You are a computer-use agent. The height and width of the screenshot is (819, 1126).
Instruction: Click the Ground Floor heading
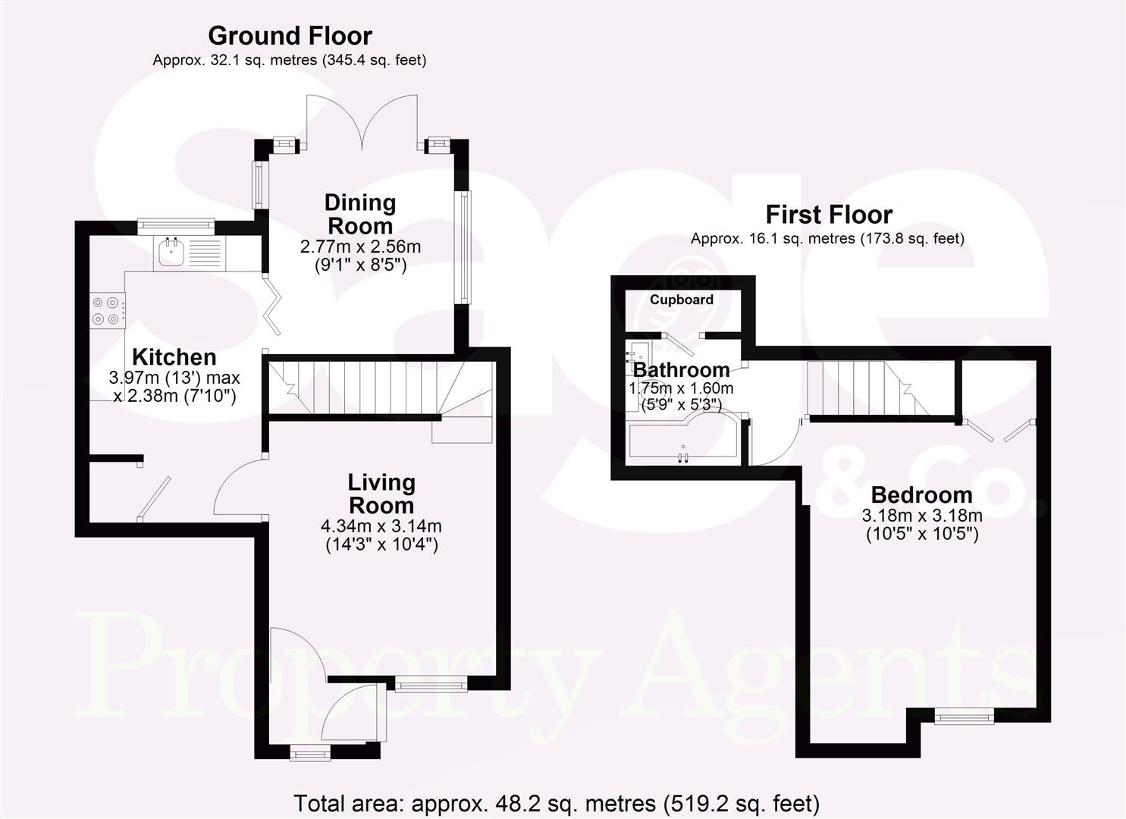click(x=290, y=36)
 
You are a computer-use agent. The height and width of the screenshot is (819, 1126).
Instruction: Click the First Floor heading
click(x=828, y=215)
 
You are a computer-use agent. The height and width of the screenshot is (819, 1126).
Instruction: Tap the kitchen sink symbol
click(x=171, y=253)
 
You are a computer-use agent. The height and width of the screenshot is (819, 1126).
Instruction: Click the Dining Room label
click(x=360, y=214)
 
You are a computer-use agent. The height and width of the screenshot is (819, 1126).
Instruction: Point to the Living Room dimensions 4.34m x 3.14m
click(x=381, y=526)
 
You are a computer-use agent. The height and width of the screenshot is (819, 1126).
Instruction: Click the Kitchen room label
click(x=174, y=357)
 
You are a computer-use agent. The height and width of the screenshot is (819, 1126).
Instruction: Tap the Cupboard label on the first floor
click(x=681, y=300)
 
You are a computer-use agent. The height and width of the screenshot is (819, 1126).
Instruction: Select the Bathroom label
click(x=681, y=370)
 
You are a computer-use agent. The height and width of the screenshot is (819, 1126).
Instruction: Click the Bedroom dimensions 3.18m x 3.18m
click(x=922, y=516)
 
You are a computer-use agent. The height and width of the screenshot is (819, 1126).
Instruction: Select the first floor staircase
click(x=864, y=388)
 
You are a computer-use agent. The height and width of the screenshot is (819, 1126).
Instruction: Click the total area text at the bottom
click(x=556, y=803)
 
